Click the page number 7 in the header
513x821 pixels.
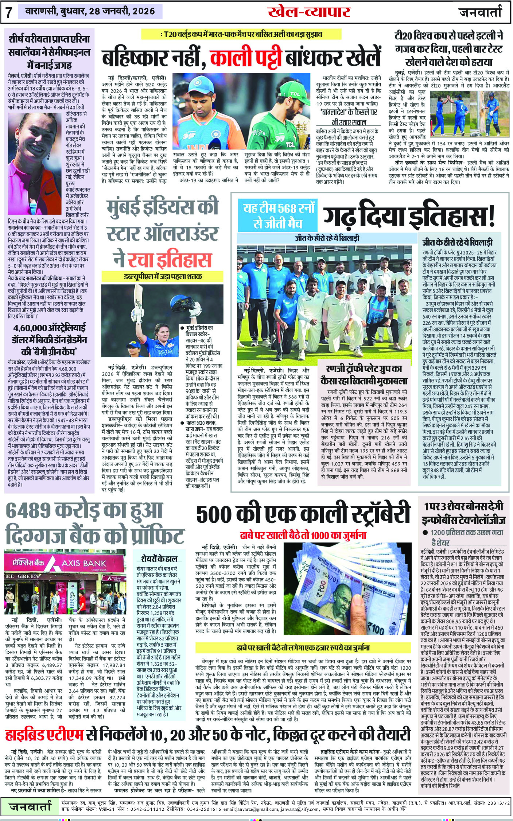coord(9,13)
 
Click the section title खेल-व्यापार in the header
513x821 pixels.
coord(308,12)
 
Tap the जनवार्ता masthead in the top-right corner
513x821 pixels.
coord(480,12)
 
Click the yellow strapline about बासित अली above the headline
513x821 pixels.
coord(241,34)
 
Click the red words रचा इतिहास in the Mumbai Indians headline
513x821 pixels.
coord(169,260)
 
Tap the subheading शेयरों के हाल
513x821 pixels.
coord(159,559)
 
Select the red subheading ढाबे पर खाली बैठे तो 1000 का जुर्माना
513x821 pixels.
coord(303,535)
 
